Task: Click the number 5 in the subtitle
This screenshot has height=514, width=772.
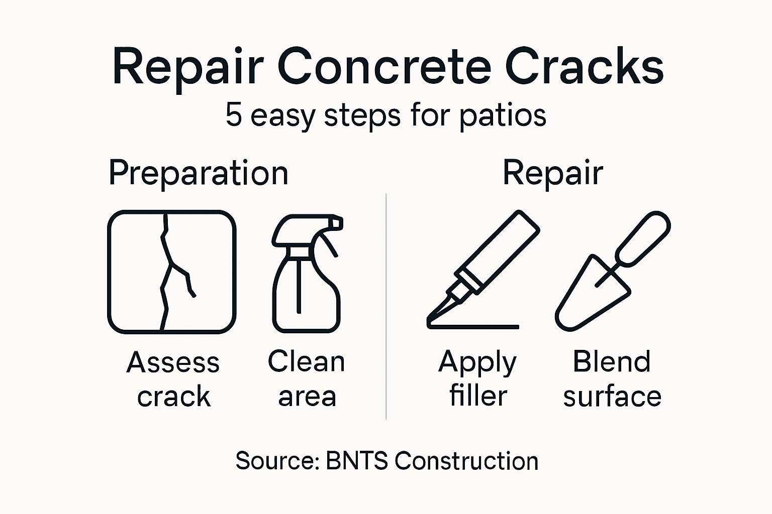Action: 234,114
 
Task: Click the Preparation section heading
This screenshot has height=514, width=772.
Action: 199,174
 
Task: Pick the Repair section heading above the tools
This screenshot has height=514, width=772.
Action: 552,174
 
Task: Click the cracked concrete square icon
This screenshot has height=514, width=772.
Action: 172,272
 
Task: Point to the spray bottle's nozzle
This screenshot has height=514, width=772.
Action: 334,222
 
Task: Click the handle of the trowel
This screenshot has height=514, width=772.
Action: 643,238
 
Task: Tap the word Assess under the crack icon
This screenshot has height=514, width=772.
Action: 173,362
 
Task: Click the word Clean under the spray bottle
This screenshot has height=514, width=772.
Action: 306,361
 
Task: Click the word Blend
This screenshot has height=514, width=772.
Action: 612,361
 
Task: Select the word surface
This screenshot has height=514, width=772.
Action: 612,397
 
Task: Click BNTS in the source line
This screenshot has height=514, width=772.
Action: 356,460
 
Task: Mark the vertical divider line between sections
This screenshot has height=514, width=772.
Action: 386,306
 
